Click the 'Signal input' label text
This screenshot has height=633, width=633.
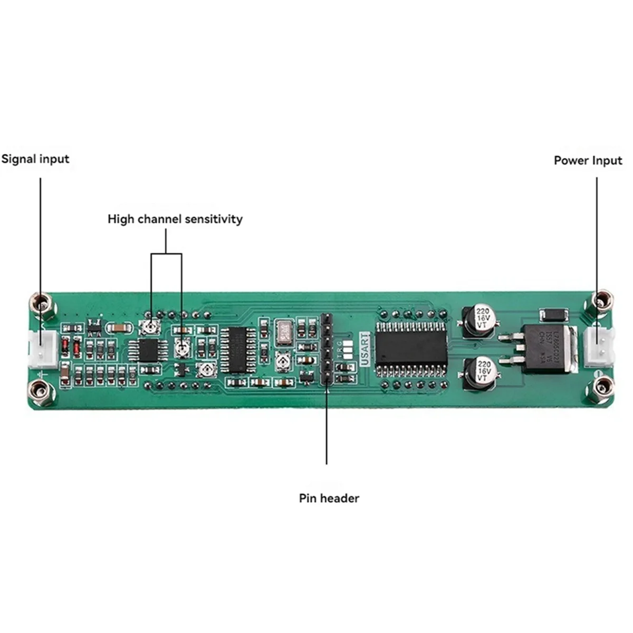coord(35,159)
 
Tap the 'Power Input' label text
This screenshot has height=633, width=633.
coord(588,160)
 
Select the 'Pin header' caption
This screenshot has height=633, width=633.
coord(329,498)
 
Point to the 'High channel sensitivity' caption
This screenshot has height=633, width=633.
coord(175,219)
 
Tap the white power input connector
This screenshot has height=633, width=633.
coord(598,346)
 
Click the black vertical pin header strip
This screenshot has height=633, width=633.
coord(326,348)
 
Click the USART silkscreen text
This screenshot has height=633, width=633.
coord(365,349)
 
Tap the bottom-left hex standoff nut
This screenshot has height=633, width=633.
coord(42,391)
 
